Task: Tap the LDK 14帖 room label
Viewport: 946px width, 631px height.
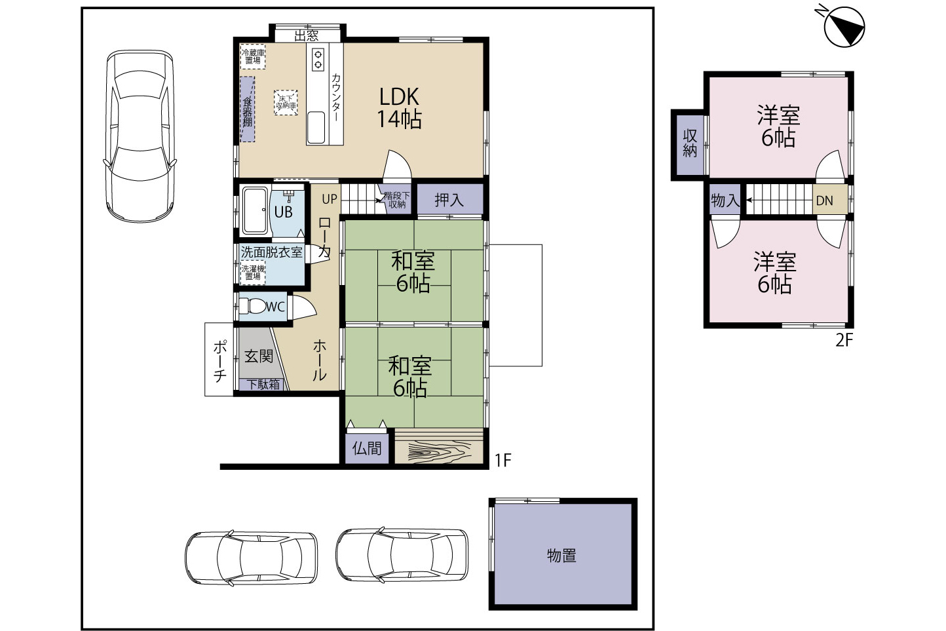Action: (399, 107)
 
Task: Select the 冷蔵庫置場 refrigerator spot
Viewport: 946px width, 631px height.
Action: (253, 56)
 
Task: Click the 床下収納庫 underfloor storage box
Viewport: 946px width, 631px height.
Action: (286, 102)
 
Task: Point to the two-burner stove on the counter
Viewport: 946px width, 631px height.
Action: (318, 59)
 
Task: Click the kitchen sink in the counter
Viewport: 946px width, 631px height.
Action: (316, 128)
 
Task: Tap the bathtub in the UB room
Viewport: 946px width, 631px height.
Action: (255, 210)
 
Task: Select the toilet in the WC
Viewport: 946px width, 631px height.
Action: (252, 306)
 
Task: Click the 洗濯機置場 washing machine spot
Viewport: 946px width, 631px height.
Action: (253, 273)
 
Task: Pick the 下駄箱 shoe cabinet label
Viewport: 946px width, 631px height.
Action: (263, 385)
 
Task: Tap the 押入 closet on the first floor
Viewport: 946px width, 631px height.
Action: (449, 199)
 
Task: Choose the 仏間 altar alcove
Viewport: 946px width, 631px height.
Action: (367, 448)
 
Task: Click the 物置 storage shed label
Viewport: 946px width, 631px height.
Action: (561, 556)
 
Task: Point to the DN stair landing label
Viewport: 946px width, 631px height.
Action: (824, 201)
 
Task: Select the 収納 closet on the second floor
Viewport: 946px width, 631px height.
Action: (690, 143)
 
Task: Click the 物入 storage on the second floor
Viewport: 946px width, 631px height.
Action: (725, 201)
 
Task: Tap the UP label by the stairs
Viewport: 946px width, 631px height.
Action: (330, 199)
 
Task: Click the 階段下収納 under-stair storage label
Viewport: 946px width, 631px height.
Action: (396, 201)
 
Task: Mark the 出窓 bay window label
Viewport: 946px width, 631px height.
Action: (306, 35)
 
